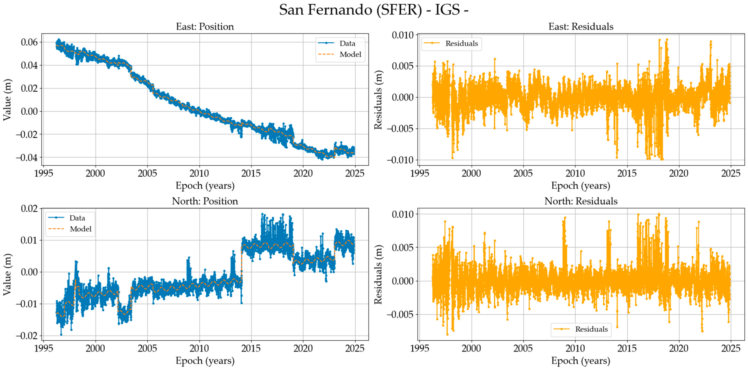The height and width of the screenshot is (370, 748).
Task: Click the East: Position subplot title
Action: point(205,27)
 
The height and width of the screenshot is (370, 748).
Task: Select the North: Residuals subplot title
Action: point(581,201)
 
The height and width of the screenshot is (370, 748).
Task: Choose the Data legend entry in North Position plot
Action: point(77,218)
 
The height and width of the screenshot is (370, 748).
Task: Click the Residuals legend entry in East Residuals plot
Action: point(462,44)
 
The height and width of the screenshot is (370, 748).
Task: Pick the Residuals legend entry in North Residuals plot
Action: point(591,329)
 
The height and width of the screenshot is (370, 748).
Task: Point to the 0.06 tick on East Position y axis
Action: point(29,42)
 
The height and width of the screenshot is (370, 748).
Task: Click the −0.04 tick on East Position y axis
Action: point(27,158)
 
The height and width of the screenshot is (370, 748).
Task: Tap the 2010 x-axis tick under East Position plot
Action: point(199,173)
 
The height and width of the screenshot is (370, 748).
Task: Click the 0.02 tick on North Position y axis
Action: point(29,208)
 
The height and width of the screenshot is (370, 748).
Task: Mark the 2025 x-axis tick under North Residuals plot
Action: point(730,348)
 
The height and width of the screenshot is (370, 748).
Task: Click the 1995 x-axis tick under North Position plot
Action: point(44,348)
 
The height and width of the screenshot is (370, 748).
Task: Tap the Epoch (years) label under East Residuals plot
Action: point(581,186)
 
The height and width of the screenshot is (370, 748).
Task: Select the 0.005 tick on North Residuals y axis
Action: point(402,248)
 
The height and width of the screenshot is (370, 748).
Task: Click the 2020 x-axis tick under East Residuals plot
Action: point(679,173)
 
